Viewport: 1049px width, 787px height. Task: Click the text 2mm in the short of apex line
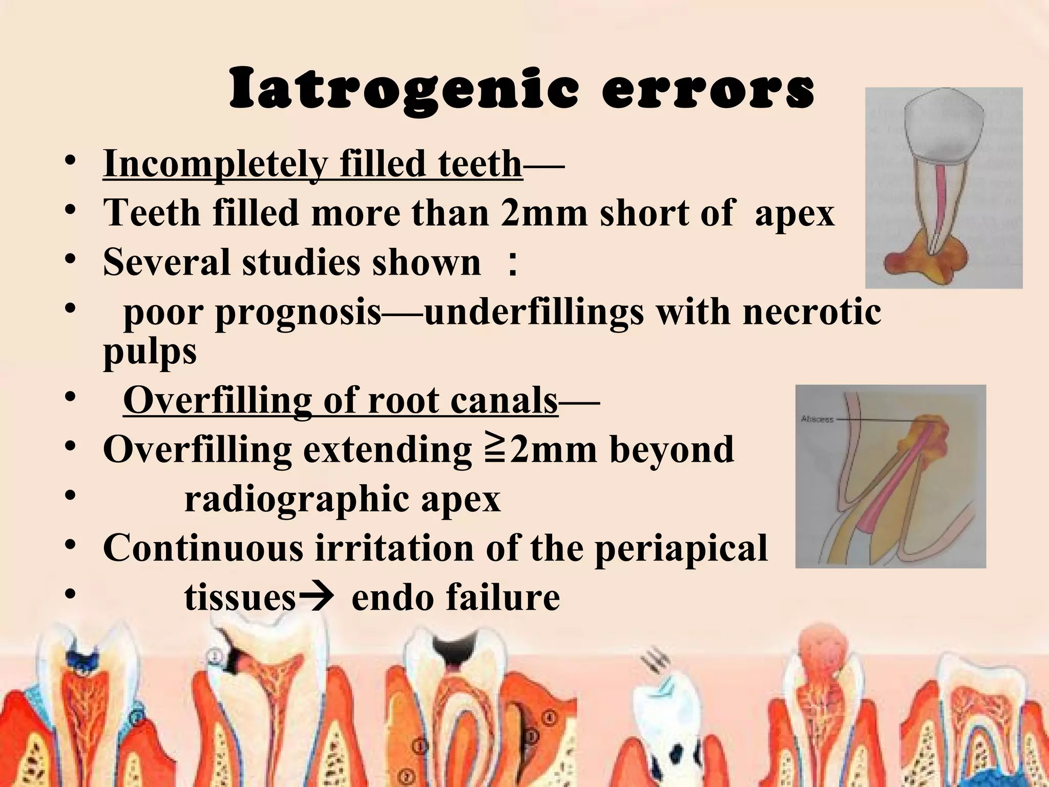tap(543, 213)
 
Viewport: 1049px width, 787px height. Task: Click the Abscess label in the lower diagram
tap(817, 419)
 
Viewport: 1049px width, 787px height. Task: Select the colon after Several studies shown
tap(511, 264)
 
